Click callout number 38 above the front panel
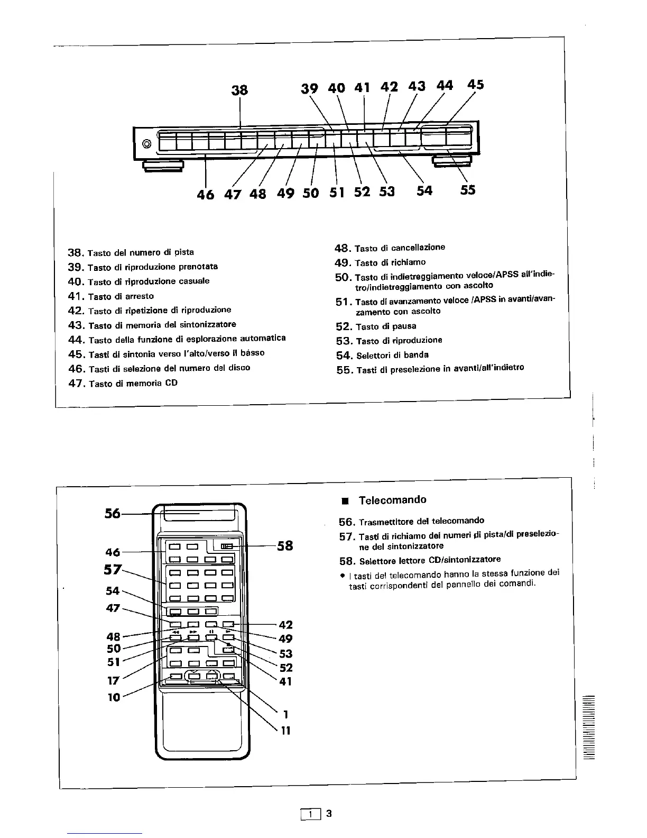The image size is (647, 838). coord(239,90)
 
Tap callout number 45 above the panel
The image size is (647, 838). coord(475,85)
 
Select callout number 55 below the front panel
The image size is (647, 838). coord(467,190)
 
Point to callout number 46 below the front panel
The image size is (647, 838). coord(205,194)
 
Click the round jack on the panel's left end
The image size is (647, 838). coord(147,144)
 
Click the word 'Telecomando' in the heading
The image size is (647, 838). coord(392,500)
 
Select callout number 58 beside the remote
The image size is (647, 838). coord(285,545)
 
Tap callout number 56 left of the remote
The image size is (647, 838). coord(113,513)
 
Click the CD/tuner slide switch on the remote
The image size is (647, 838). coord(226,546)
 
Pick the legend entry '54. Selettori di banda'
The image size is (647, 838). coord(382,355)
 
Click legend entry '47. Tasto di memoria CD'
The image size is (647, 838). coord(123,382)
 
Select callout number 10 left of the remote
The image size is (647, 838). coord(114,697)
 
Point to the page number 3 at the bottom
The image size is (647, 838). coord(328,814)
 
